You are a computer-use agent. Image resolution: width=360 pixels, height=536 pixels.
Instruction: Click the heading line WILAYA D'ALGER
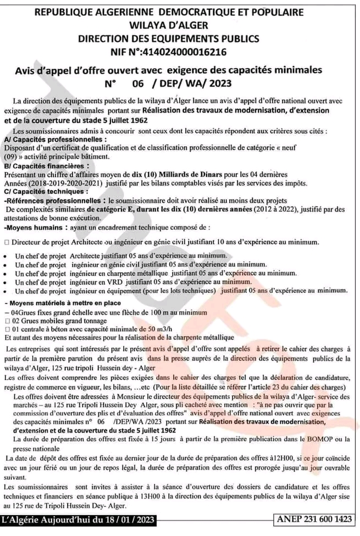[180, 25]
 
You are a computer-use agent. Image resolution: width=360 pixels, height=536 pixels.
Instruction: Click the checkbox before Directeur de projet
[6, 242]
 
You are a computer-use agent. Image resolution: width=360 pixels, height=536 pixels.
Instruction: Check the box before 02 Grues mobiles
[6, 319]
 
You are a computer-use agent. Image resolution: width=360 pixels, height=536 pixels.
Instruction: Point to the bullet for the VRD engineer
[6, 281]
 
